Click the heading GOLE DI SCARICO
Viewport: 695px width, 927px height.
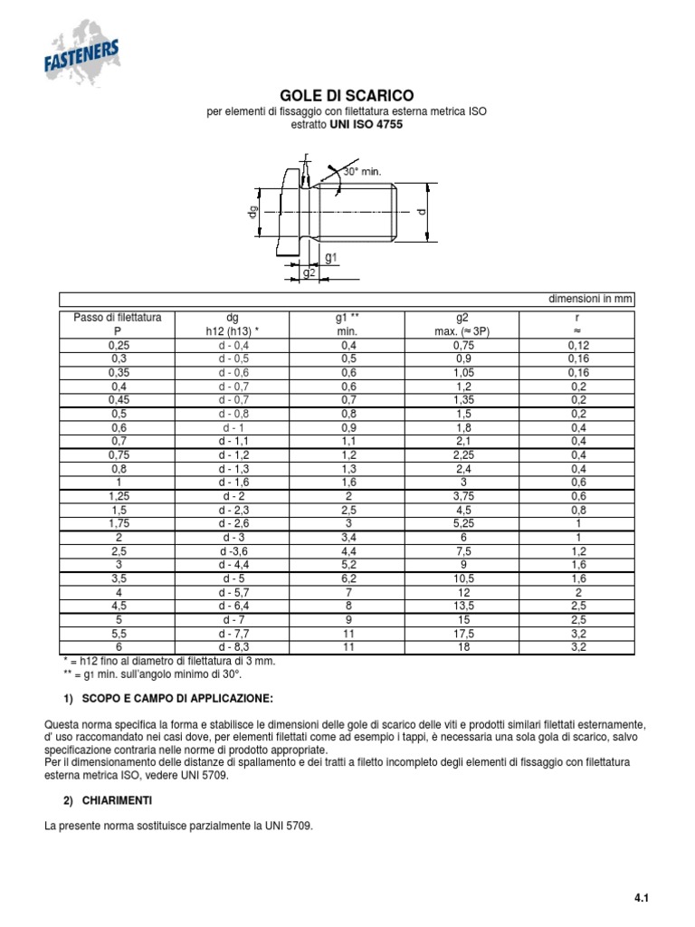pyautogui.click(x=347, y=95)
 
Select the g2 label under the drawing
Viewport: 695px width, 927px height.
pyautogui.click(x=309, y=272)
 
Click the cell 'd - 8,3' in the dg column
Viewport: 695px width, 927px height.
pyautogui.click(x=233, y=648)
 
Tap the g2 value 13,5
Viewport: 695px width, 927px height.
pyautogui.click(x=462, y=606)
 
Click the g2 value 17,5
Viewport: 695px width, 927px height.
pyautogui.click(x=462, y=635)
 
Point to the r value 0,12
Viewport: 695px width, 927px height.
pyautogui.click(x=577, y=346)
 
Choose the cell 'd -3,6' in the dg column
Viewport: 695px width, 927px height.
pyautogui.click(x=233, y=551)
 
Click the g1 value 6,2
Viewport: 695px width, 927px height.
pyautogui.click(x=348, y=578)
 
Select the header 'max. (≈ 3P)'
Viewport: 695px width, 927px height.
pyautogui.click(x=462, y=332)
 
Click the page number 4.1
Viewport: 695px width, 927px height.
pyautogui.click(x=643, y=898)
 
